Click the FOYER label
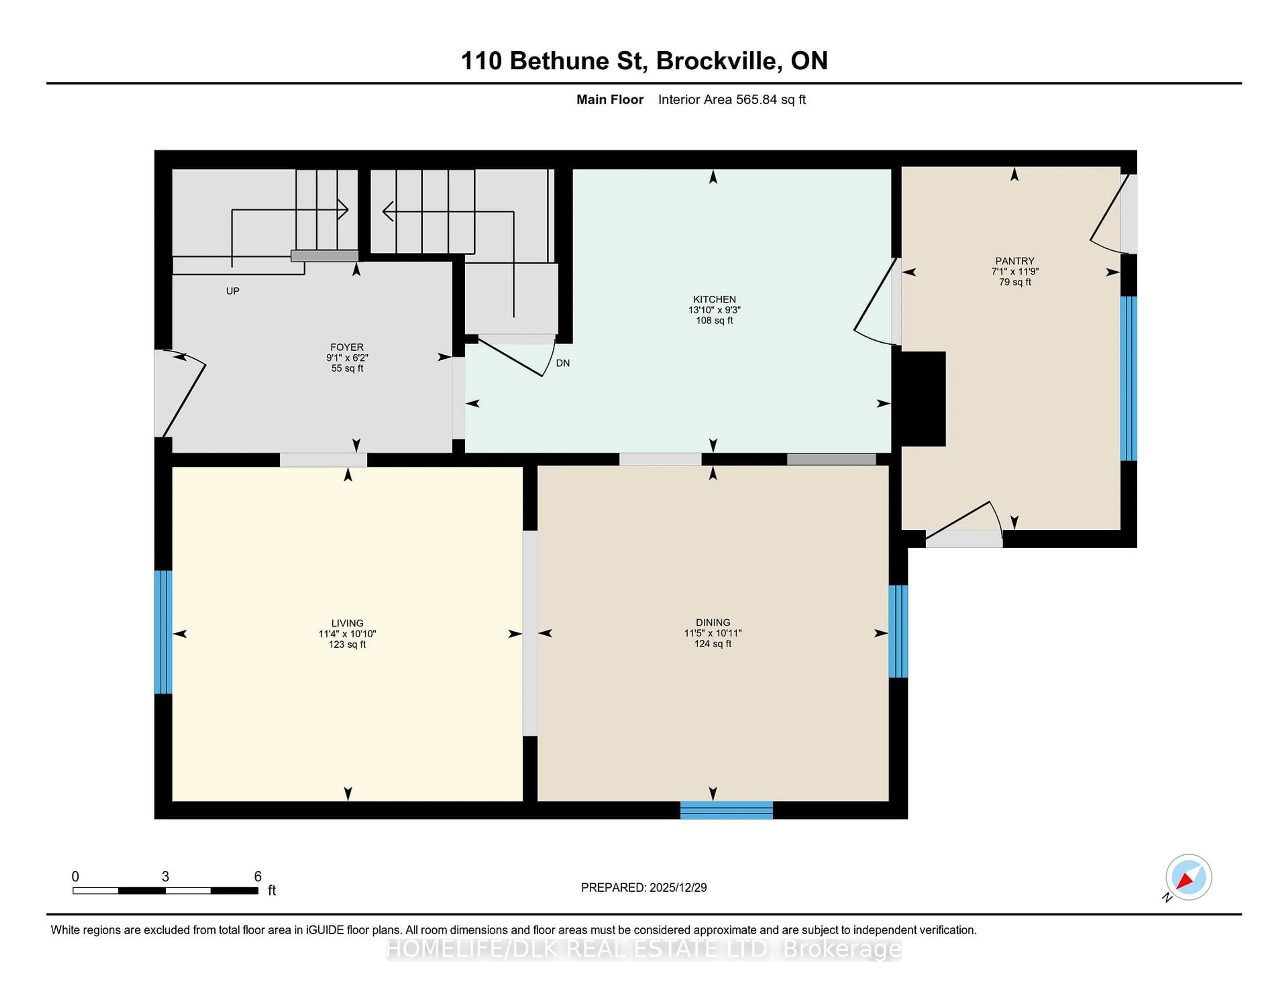[x=347, y=347]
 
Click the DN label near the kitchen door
[x=562, y=363]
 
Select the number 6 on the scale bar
[x=257, y=877]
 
